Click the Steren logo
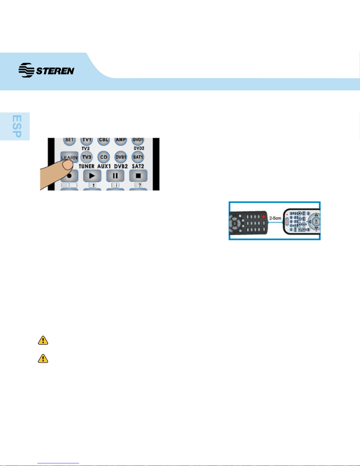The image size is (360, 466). click(46, 70)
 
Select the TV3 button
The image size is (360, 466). click(86, 157)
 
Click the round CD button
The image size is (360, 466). click(103, 157)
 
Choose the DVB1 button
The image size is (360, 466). click(121, 157)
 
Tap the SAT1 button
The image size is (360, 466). click(138, 157)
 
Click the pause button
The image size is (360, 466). click(115, 176)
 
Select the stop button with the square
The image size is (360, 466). click(138, 176)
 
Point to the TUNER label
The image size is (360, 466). click(86, 166)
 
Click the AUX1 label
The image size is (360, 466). click(104, 166)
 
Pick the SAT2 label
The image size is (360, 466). click(138, 166)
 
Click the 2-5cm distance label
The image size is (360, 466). click(275, 218)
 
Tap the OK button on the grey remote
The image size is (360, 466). click(316, 221)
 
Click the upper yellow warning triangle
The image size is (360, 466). click(43, 340)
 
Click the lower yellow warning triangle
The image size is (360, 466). click(43, 358)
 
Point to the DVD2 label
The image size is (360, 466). click(139, 148)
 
